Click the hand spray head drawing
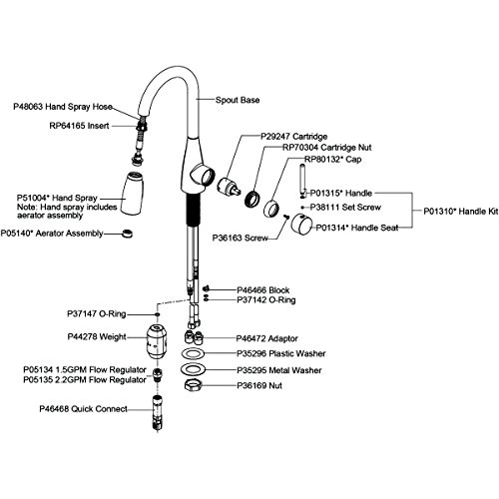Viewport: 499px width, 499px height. click(x=133, y=193)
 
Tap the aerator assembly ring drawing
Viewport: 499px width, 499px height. click(x=127, y=234)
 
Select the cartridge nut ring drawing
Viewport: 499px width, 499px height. click(x=252, y=199)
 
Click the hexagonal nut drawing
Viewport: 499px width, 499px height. click(x=193, y=385)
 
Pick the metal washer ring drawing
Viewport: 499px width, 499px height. click(x=194, y=369)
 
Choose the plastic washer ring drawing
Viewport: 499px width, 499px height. click(x=194, y=353)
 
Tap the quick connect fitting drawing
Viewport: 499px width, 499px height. click(x=158, y=412)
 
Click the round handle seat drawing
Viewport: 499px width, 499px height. click(x=301, y=224)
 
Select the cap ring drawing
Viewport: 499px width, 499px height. click(x=272, y=209)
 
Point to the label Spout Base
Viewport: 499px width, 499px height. click(x=238, y=100)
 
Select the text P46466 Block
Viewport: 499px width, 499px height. click(x=262, y=290)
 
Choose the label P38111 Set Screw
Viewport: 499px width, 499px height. click(x=345, y=208)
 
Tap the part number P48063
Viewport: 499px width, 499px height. click(x=28, y=107)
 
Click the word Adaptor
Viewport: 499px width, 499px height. click(x=282, y=338)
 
